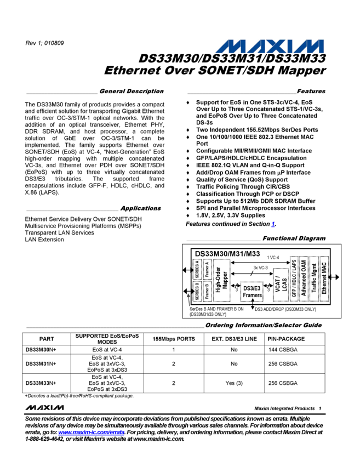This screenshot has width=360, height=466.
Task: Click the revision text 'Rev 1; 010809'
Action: [x=44, y=43]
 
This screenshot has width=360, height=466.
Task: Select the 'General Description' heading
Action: [x=132, y=91]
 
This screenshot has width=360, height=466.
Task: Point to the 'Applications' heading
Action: [x=141, y=208]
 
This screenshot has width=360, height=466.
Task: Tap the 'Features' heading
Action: [x=311, y=91]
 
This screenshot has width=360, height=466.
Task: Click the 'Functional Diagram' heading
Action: [x=294, y=238]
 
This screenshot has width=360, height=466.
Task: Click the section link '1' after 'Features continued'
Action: [x=273, y=224]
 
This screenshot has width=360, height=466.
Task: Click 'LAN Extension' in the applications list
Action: [x=44, y=240]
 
